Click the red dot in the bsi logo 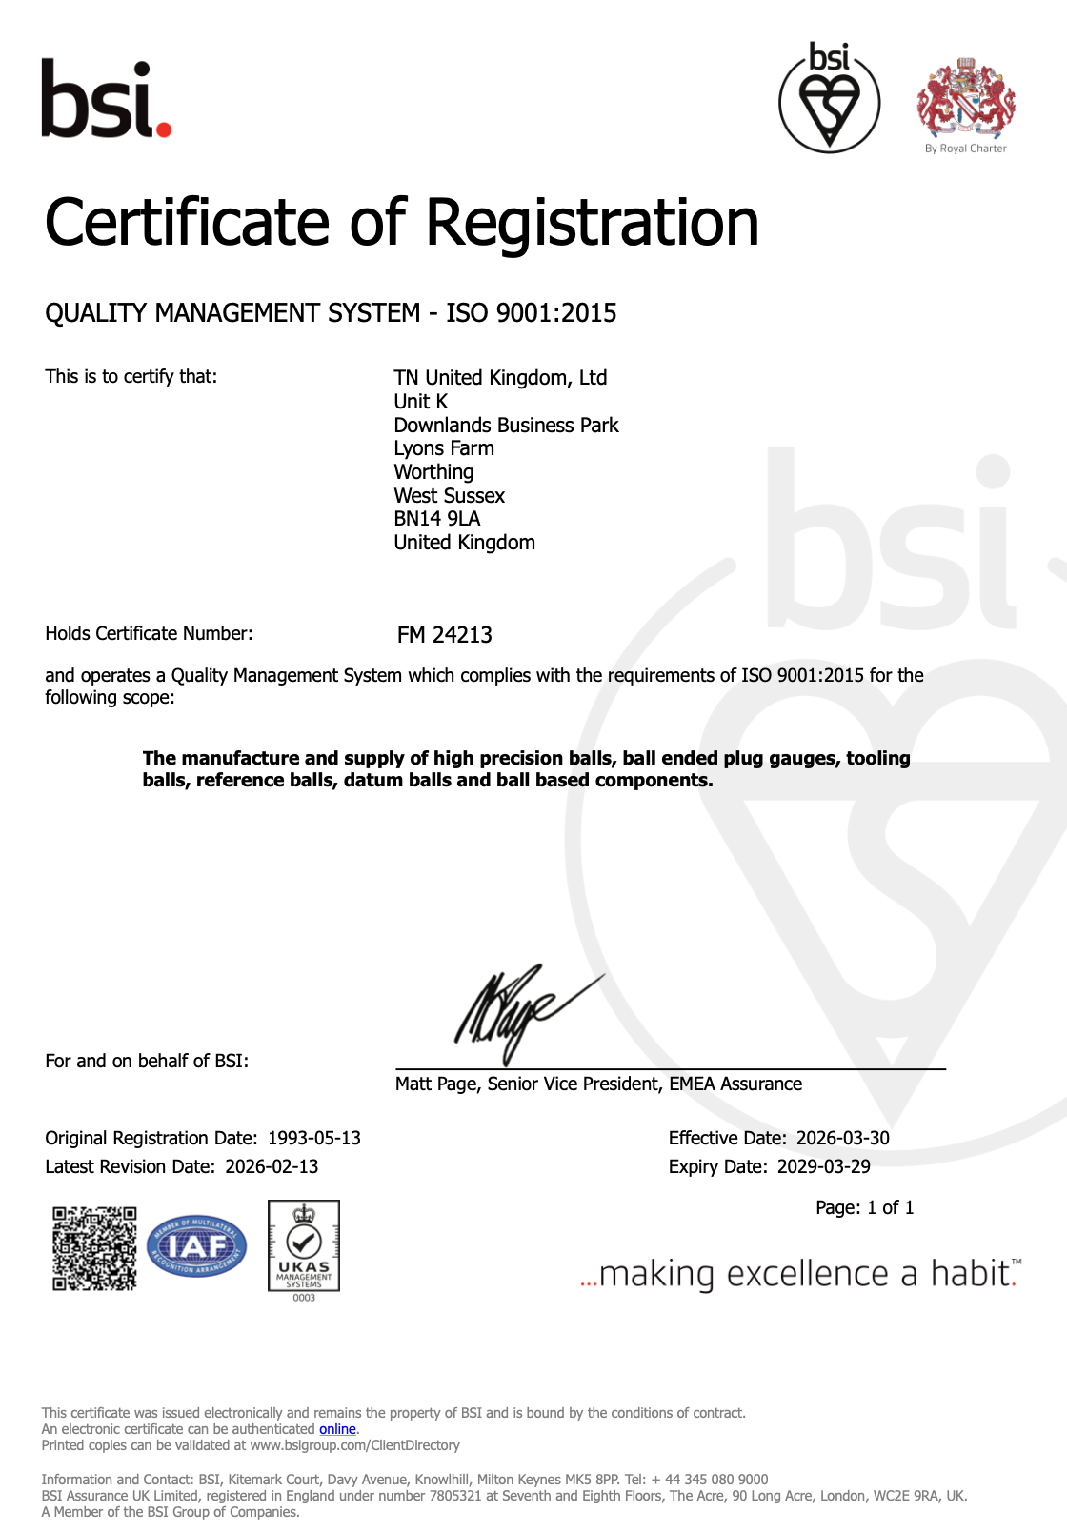pos(163,128)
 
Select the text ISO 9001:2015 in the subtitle pos(531,313)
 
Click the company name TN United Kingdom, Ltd pos(500,378)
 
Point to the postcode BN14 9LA pos(437,519)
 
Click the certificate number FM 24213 pos(445,635)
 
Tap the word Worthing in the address pos(433,472)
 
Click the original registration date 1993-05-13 pos(314,1139)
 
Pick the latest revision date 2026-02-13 pos(272,1167)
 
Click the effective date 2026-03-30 pos(843,1139)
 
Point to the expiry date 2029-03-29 pos(824,1167)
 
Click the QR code pos(94,1248)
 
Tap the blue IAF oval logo pos(197,1246)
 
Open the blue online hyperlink pos(337,1429)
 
